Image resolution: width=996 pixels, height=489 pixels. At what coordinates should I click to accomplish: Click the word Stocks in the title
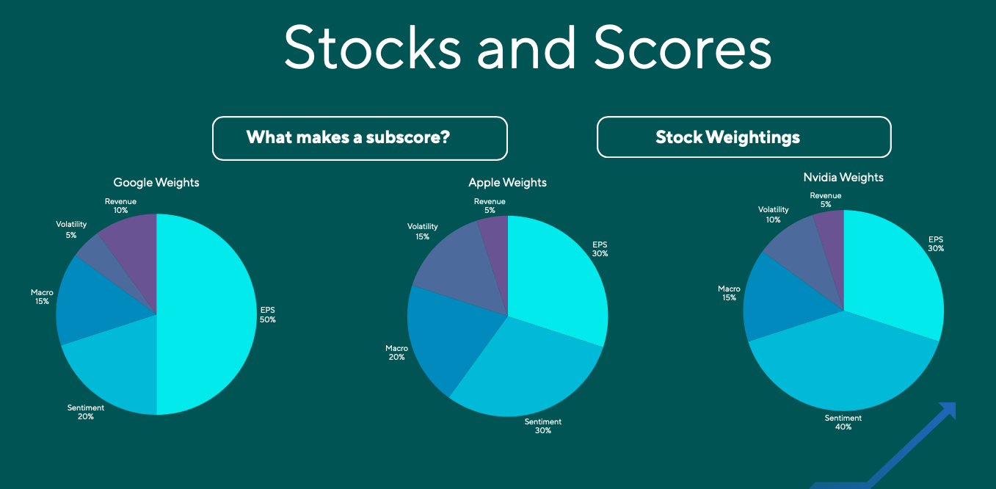[x=372, y=48]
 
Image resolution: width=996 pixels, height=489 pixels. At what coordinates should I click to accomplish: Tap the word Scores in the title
[x=682, y=48]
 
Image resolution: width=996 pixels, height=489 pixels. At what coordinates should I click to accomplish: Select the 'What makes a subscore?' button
[x=360, y=138]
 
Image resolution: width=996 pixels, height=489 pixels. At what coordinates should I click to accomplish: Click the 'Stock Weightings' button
[x=744, y=137]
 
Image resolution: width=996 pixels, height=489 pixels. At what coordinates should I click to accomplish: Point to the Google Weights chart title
[x=156, y=182]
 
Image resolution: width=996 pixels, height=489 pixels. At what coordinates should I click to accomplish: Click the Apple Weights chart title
[x=507, y=182]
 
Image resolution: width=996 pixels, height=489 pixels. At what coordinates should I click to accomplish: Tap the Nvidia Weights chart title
[x=843, y=177]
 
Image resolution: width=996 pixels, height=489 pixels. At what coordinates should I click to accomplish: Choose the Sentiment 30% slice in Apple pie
[x=528, y=374]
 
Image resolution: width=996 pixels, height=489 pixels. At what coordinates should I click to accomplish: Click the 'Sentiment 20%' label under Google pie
[x=86, y=412]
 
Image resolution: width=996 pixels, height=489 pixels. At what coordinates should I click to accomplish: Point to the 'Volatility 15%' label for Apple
[x=422, y=231]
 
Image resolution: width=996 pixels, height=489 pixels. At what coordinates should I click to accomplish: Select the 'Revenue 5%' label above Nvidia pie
[x=826, y=200]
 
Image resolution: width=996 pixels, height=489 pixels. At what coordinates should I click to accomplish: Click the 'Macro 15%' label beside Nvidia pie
[x=730, y=293]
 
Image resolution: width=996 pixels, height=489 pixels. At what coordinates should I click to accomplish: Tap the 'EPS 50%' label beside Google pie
[x=267, y=315]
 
